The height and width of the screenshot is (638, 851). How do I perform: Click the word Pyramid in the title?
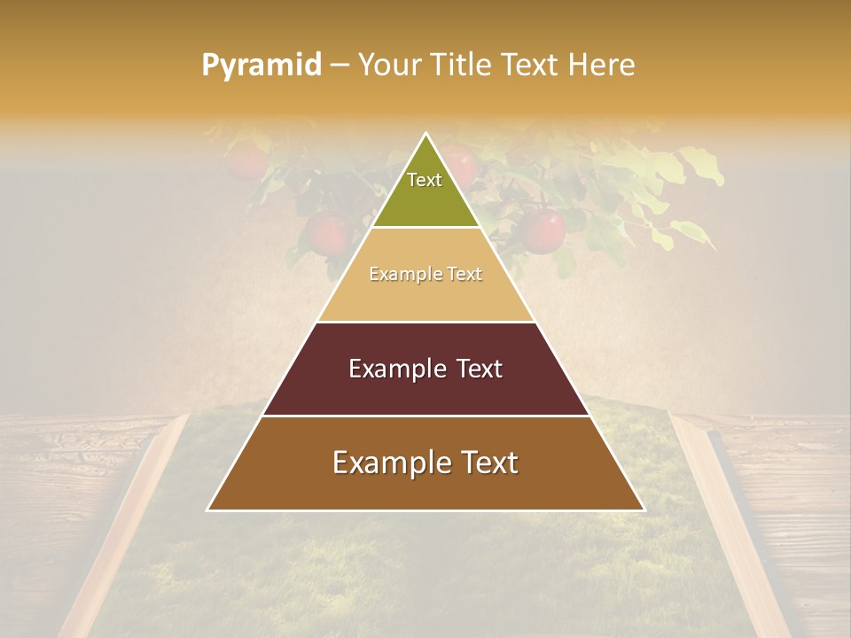point(262,66)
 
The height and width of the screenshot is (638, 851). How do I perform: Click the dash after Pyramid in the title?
point(340,66)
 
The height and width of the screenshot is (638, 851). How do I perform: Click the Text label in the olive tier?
point(425,180)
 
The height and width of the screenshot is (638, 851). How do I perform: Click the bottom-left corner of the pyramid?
point(208,510)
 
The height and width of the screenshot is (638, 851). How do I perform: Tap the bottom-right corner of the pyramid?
point(644,510)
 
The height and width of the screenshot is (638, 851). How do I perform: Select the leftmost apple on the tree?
point(246,160)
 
